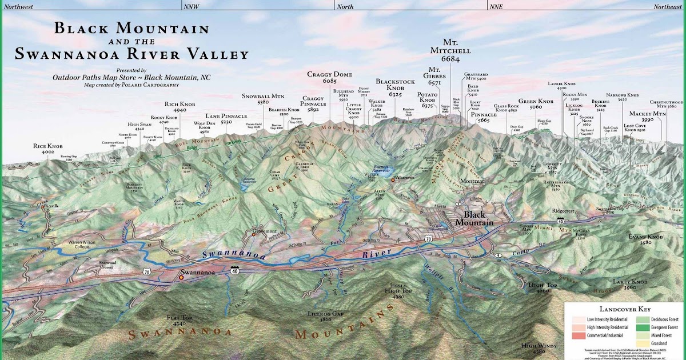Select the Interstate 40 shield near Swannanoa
point(235,269)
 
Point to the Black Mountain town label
point(474,218)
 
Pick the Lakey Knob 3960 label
point(630,285)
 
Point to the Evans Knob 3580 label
point(645,239)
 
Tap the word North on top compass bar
point(345,7)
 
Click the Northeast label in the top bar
point(667,7)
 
